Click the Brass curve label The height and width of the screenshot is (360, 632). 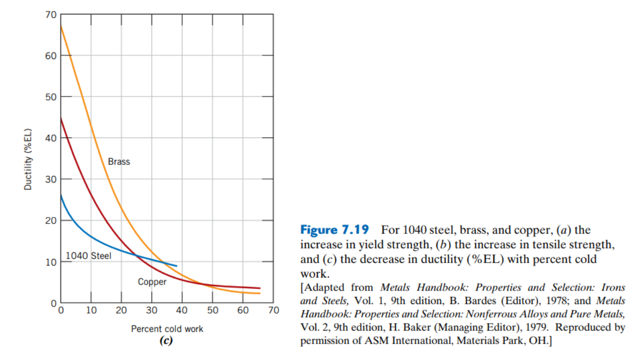tap(119, 161)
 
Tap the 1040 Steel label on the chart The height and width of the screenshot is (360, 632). tap(88, 256)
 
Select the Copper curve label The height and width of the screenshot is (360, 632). tap(152, 282)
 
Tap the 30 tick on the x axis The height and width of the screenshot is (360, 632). tap(152, 310)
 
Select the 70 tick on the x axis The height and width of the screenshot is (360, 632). tap(273, 310)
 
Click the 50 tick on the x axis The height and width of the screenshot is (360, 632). tap(213, 310)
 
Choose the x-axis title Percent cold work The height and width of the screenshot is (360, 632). tap(167, 329)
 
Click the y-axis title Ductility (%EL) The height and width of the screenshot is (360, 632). tap(28, 160)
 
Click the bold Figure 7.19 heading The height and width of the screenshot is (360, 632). tap(334, 230)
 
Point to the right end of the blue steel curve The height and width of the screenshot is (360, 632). tap(176, 265)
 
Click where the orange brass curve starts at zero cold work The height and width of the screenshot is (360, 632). tap(61, 25)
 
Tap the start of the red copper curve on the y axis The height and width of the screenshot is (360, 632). tap(61, 117)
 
